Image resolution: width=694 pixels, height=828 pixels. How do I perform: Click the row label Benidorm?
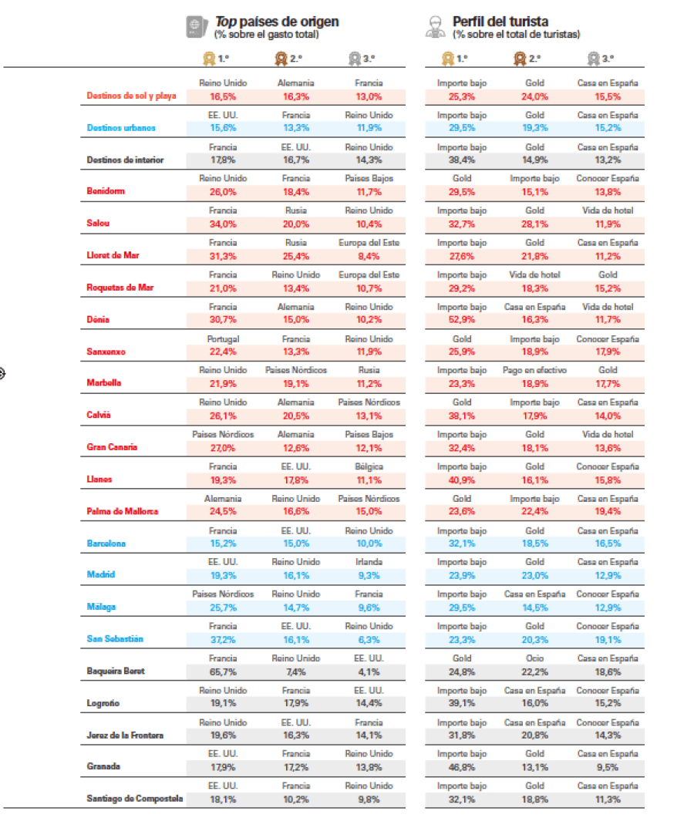pos(105,191)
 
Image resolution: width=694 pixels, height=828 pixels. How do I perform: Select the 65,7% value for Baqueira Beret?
pos(223,671)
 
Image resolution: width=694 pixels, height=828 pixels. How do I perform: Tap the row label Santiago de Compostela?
pos(135,799)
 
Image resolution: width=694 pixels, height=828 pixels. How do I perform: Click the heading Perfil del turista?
pos(500,22)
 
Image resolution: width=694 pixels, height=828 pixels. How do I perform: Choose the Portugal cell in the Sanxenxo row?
pos(223,339)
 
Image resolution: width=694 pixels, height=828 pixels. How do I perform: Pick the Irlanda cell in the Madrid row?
pos(369,562)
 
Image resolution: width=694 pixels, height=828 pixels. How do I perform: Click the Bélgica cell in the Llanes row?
pos(369,466)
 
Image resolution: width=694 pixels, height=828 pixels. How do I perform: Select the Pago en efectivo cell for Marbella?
pos(534,371)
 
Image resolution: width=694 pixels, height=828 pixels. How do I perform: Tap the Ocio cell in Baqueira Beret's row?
pos(534,658)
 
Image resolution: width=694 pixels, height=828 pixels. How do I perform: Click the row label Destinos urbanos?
pos(121,128)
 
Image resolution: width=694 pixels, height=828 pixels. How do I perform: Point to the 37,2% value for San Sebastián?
pos(223,639)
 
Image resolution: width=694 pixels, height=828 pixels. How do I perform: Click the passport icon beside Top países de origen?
pos(197,28)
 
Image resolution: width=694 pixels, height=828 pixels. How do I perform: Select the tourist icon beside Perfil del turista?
pos(436,28)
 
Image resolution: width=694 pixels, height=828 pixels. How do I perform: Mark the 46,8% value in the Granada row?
pos(462,766)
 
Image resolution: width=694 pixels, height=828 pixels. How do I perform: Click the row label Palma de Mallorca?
pos(123,511)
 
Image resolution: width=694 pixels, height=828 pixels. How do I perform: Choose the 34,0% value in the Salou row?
pos(223,224)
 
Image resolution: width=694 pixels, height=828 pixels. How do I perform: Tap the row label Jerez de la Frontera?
pos(127,735)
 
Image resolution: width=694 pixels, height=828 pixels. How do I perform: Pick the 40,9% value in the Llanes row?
pos(462,479)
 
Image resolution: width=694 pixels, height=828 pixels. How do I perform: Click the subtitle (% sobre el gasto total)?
pos(267,35)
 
